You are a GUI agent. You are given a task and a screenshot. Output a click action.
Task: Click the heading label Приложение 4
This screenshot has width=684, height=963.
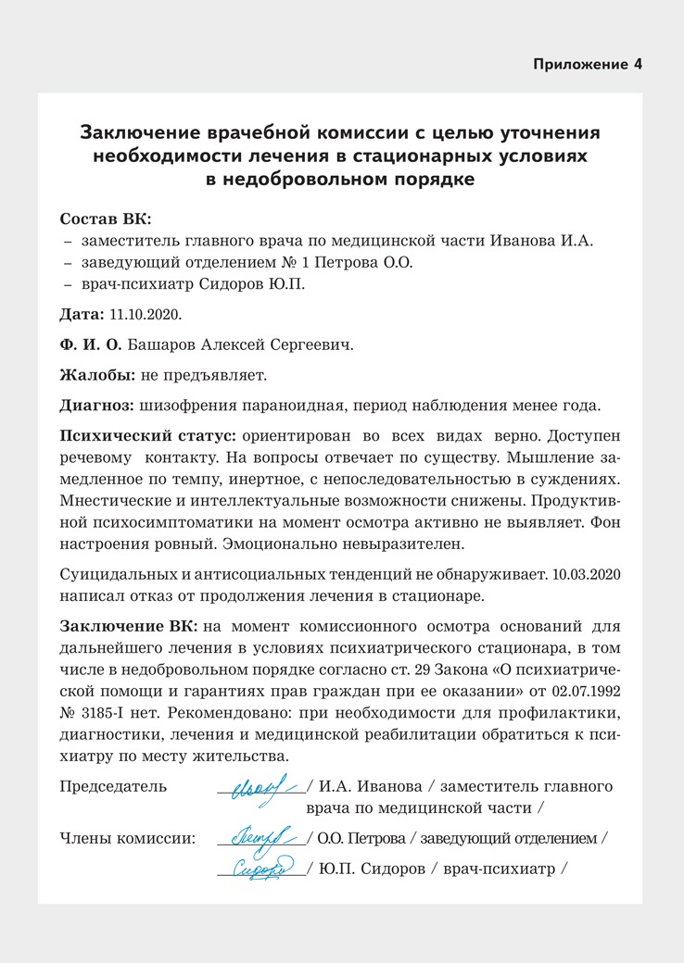[x=587, y=65]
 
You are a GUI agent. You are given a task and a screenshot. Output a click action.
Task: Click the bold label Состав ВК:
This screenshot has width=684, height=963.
[x=105, y=219]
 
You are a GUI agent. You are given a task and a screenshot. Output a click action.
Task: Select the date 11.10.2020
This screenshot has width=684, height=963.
[x=144, y=313]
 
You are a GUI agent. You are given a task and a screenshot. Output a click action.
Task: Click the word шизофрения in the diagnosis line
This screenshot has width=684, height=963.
[x=188, y=406]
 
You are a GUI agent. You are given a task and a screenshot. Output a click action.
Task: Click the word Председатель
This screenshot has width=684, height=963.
[x=113, y=787]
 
